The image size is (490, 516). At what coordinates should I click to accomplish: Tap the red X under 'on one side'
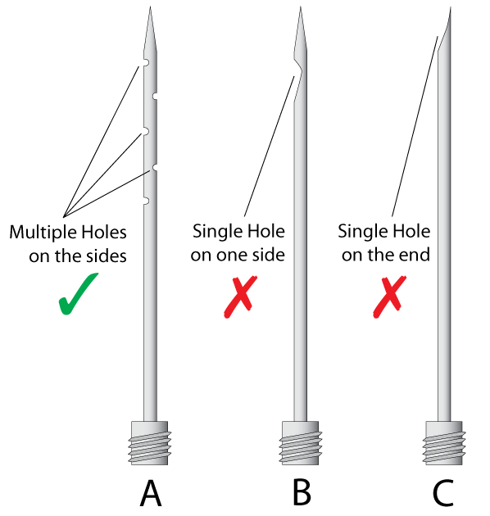pyautogui.click(x=240, y=296)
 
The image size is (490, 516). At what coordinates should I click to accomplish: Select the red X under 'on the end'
pyautogui.click(x=390, y=296)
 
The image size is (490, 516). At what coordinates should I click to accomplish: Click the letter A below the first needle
pyautogui.click(x=151, y=493)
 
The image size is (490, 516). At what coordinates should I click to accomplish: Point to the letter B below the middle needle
pyautogui.click(x=302, y=493)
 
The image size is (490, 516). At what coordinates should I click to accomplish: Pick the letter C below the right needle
pyautogui.click(x=443, y=493)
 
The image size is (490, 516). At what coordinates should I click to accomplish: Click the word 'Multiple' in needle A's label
pyautogui.click(x=43, y=233)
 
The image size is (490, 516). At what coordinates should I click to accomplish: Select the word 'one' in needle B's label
pyautogui.click(x=230, y=256)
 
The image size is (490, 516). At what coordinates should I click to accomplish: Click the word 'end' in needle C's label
pyautogui.click(x=415, y=255)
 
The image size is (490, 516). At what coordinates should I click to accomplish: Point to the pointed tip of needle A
pyautogui.click(x=150, y=7)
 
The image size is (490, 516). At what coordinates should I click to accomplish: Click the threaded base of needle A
pyautogui.click(x=150, y=442)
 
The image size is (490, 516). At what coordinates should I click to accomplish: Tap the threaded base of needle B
pyautogui.click(x=301, y=442)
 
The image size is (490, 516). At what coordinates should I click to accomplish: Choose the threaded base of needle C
pyautogui.click(x=444, y=442)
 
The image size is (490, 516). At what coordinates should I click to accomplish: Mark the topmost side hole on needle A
pyautogui.click(x=146, y=62)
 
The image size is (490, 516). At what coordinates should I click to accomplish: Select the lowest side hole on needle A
pyautogui.click(x=146, y=201)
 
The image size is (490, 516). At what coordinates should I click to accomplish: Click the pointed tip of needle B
pyautogui.click(x=301, y=7)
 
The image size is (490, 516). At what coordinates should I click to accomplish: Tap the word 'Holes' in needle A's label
pyautogui.click(x=104, y=232)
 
